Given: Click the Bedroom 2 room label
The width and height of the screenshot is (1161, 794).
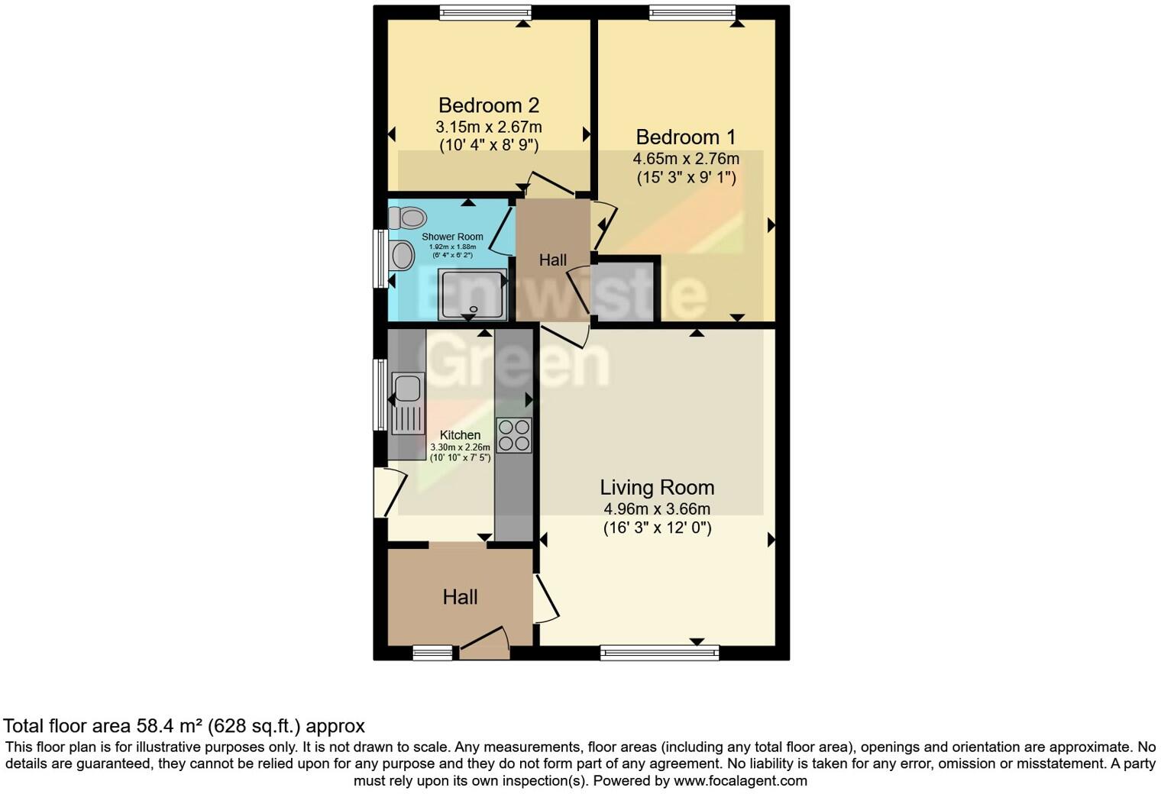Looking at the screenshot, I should coord(489,105).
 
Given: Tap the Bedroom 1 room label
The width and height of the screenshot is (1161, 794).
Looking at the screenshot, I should coord(685,137).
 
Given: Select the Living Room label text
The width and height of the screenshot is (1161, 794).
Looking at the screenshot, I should coord(657,488).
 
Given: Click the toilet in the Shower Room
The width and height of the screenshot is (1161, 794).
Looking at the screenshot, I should coord(406,218).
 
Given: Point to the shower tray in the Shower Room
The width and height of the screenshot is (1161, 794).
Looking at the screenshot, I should coord(471,295).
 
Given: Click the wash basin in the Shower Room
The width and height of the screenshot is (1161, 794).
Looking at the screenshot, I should coord(400,256).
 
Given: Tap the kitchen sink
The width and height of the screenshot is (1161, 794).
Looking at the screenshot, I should coord(406,388).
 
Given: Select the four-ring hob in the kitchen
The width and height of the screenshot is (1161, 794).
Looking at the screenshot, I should coord(513,435).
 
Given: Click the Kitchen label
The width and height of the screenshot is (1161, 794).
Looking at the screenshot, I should coord(460,435).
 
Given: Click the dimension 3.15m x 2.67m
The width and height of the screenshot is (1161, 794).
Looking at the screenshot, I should coord(489,127).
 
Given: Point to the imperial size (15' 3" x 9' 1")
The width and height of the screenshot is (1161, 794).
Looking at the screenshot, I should coord(686,178).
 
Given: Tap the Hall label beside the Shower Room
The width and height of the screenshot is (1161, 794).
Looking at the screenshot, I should coord(553,260).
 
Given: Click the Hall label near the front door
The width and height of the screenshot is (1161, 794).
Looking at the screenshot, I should coord(460,597).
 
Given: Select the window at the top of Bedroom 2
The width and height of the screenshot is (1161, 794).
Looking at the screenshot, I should coord(485,11).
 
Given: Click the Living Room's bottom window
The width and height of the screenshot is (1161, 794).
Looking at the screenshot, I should coord(659,653).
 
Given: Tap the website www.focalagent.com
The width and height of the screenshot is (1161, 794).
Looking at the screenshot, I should coord(740,781).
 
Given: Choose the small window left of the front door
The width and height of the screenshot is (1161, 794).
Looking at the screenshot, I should coord(432,653).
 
